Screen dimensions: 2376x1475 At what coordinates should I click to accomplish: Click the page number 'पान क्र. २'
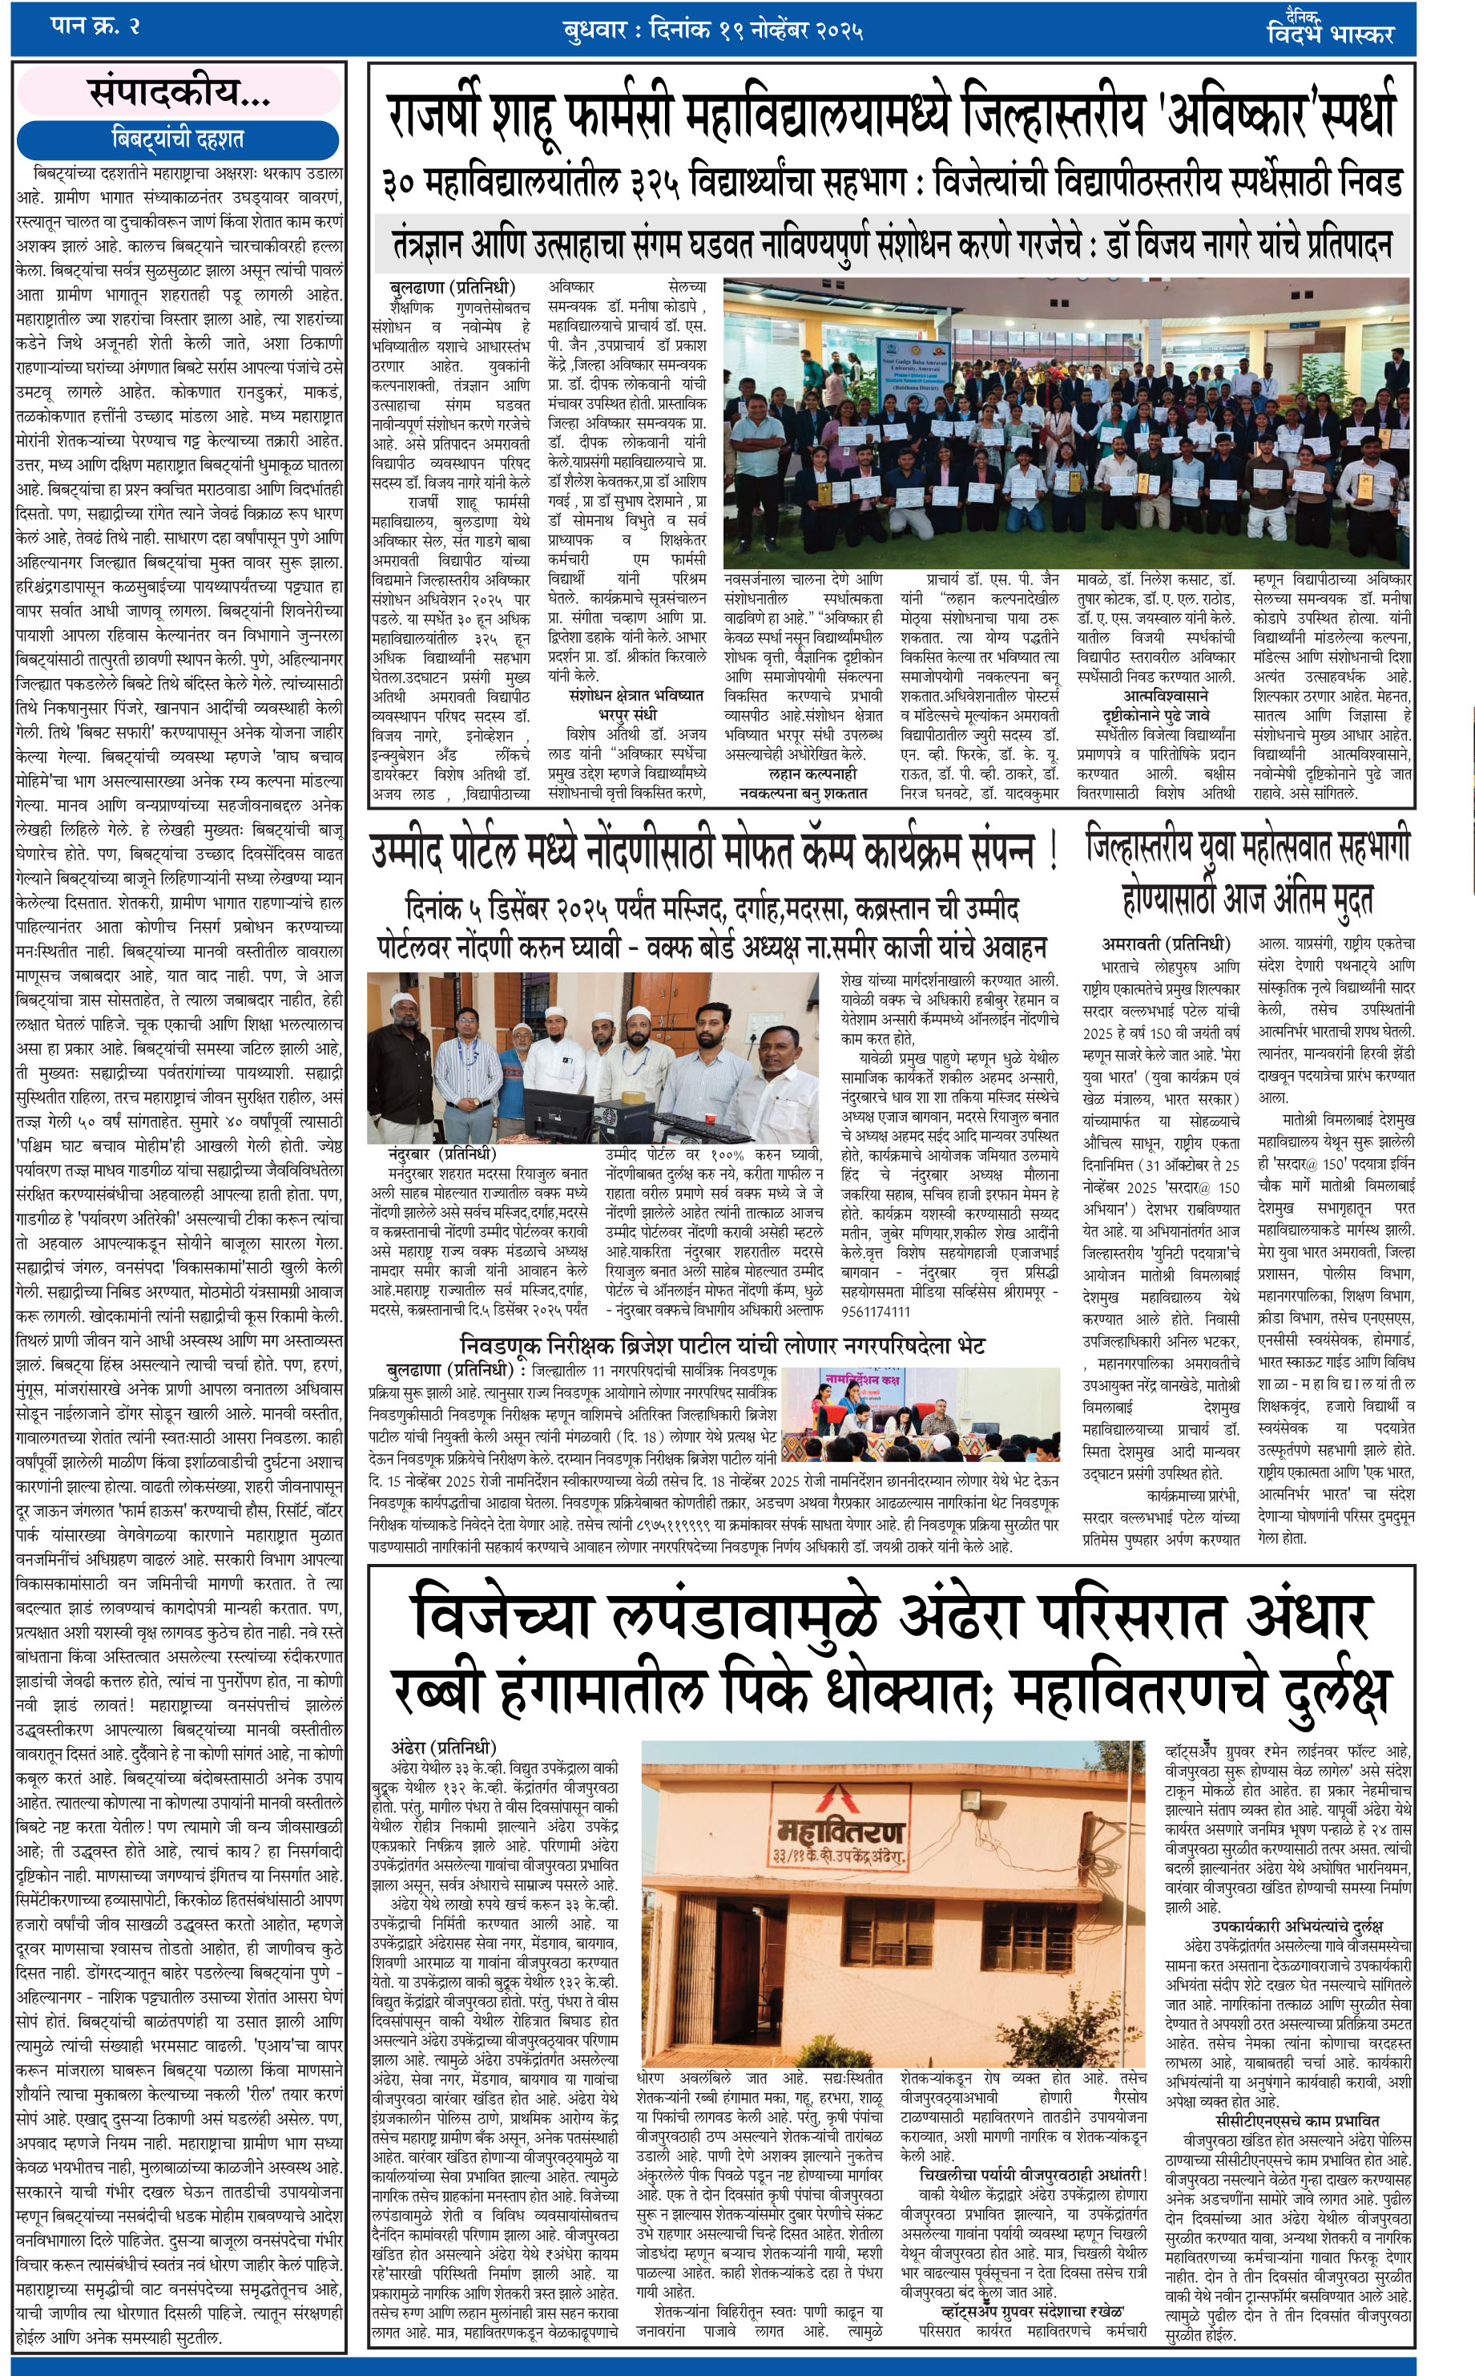click(95, 26)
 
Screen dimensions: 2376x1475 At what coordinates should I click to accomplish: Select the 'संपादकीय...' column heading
click(179, 93)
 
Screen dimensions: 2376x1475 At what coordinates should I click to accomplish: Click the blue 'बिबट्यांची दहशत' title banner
click(178, 139)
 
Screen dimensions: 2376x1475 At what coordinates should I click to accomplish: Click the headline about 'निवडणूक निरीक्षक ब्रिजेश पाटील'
click(722, 1344)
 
